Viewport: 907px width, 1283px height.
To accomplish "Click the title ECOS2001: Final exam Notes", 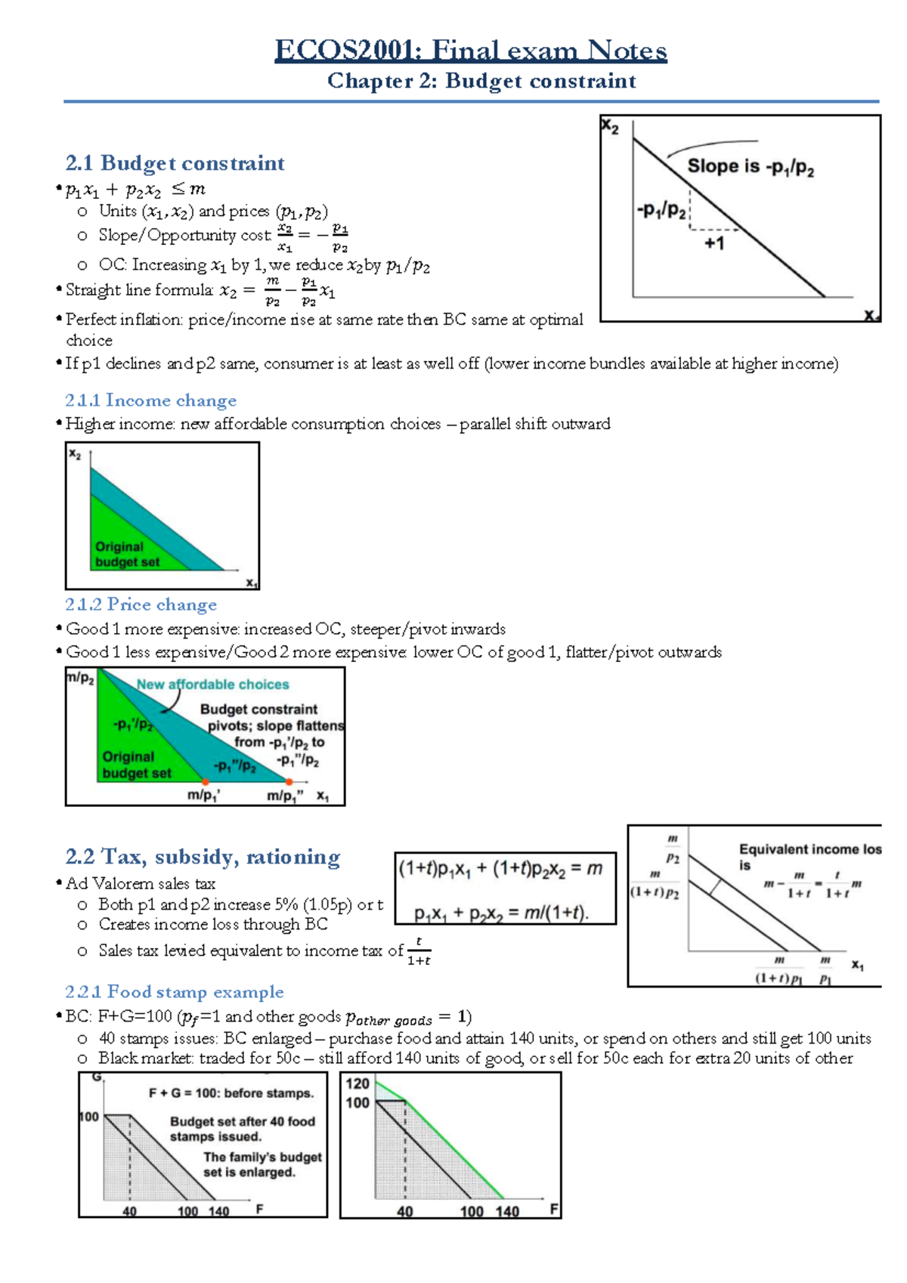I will pos(470,51).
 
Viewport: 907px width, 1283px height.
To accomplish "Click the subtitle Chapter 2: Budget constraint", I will pos(481,81).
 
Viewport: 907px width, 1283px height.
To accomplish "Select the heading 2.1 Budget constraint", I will pos(175,163).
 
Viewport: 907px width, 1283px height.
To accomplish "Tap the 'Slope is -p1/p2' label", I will pos(751,167).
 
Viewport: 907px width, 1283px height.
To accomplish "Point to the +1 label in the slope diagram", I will pos(714,243).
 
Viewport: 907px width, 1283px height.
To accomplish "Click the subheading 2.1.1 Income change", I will pos(150,400).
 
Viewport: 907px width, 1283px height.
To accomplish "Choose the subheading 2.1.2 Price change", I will pos(141,604).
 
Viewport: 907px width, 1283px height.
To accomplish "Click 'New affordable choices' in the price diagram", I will pos(212,685).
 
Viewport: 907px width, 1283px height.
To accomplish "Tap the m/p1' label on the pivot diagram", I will pos(203,796).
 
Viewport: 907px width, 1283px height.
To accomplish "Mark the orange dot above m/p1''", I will pos(289,782).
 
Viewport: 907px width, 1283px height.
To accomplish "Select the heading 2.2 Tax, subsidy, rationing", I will pos(203,857).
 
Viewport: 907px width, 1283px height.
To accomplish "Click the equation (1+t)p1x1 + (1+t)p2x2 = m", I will pos(500,869).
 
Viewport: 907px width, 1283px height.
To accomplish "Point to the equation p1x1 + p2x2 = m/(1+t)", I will pos(501,914).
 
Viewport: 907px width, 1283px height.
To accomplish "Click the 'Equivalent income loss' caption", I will pos(809,850).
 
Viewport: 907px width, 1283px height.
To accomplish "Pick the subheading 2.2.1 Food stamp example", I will pos(174,991).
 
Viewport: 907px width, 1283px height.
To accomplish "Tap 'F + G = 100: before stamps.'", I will pos(231,1093).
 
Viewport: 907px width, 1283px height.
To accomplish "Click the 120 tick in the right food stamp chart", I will pos(358,1084).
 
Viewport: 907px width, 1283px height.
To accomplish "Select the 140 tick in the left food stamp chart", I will pos(219,1211).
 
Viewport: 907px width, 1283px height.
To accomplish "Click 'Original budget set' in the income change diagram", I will pos(127,555).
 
